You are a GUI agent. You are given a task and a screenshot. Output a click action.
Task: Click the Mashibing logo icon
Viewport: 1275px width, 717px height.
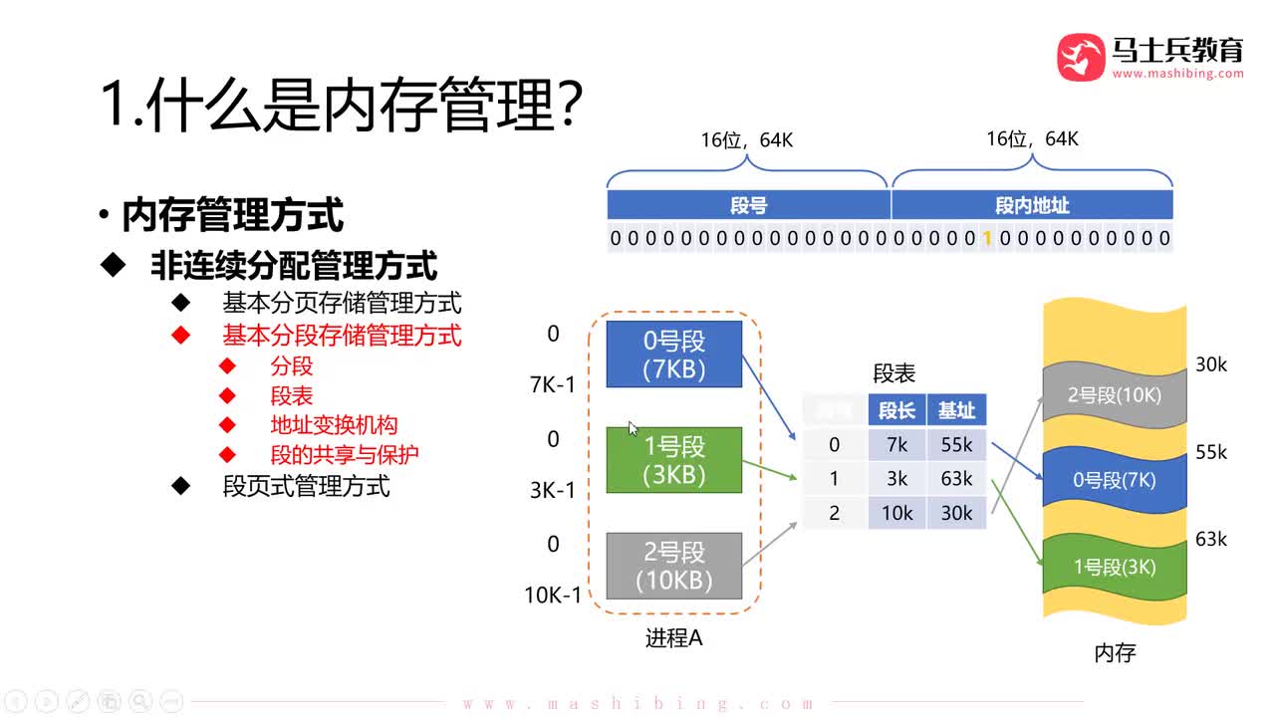click(1081, 57)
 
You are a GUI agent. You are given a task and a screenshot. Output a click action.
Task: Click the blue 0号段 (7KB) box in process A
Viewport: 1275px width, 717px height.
click(674, 355)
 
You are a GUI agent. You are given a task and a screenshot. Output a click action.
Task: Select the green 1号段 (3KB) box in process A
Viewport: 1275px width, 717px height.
click(674, 460)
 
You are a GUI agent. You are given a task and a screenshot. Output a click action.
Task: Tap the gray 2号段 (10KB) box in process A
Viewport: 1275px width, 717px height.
click(674, 566)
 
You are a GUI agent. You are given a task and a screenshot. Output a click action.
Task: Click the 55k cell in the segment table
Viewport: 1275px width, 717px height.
click(956, 445)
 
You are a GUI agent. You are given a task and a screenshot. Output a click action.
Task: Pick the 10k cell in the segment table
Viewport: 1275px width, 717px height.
click(897, 512)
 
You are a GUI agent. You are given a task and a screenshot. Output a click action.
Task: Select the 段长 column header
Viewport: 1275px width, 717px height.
click(897, 410)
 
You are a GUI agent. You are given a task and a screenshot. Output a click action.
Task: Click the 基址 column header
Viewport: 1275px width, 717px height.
click(956, 410)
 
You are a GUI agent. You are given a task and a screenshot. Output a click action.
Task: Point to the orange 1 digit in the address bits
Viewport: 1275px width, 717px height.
click(987, 238)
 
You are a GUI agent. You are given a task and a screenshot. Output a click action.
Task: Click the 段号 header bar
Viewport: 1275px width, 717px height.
click(749, 205)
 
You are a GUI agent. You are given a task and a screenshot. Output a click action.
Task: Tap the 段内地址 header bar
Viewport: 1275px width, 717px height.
click(1032, 205)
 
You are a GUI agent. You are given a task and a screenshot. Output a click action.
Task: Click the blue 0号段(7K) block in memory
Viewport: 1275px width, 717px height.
click(1114, 480)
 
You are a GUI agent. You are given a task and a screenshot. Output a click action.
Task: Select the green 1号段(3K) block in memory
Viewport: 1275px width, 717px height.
click(1114, 568)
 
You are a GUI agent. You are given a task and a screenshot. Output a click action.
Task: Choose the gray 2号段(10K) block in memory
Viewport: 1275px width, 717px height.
click(1114, 394)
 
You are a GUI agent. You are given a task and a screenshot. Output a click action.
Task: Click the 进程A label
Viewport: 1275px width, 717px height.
click(674, 638)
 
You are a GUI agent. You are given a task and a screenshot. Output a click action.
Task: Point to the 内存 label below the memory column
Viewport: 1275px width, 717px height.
click(1115, 653)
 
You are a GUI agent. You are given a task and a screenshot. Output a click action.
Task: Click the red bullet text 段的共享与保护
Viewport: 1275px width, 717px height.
click(345, 455)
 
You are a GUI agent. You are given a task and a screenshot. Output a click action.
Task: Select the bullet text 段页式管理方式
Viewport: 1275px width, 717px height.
click(307, 486)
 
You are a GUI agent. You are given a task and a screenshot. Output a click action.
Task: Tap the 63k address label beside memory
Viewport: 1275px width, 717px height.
click(1211, 540)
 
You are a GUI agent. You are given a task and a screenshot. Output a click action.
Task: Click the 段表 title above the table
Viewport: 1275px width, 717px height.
click(893, 373)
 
